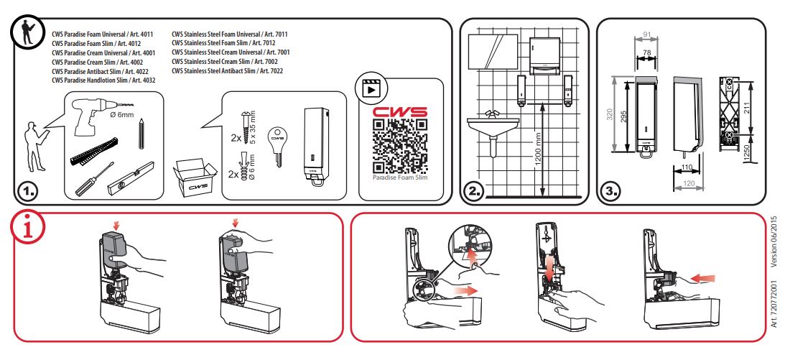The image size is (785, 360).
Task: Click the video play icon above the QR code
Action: [x=371, y=89]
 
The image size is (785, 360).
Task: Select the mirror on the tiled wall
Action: [x=496, y=50]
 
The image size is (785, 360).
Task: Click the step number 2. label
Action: [x=475, y=191]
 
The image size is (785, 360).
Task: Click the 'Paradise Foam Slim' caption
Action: [x=400, y=177]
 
